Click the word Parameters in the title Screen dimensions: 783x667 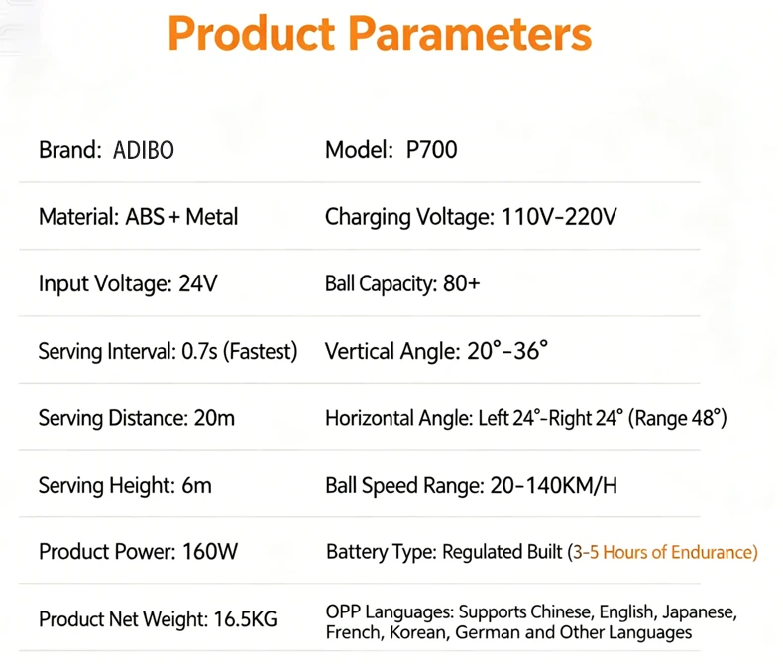pos(470,33)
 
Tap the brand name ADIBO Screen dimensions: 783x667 pos(144,150)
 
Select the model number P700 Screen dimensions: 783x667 pos(431,150)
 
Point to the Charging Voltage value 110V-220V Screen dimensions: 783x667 pos(559,217)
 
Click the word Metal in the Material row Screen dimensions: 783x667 pos(212,217)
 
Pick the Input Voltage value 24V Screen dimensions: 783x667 pos(198,283)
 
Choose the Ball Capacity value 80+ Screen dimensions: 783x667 pos(462,283)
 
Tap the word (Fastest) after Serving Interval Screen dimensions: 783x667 pos(260,351)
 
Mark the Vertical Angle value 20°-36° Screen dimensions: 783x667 pos(507,351)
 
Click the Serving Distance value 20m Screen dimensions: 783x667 pos(214,418)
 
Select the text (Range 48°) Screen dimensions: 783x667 pos(677,418)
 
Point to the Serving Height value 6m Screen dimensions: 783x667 pos(196,485)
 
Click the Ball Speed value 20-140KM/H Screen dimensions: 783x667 pos(554,485)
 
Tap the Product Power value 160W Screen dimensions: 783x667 pos(210,552)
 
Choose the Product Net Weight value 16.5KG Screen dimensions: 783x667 pos(245,619)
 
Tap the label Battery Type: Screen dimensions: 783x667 pos(382,552)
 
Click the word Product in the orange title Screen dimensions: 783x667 pos(252,33)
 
